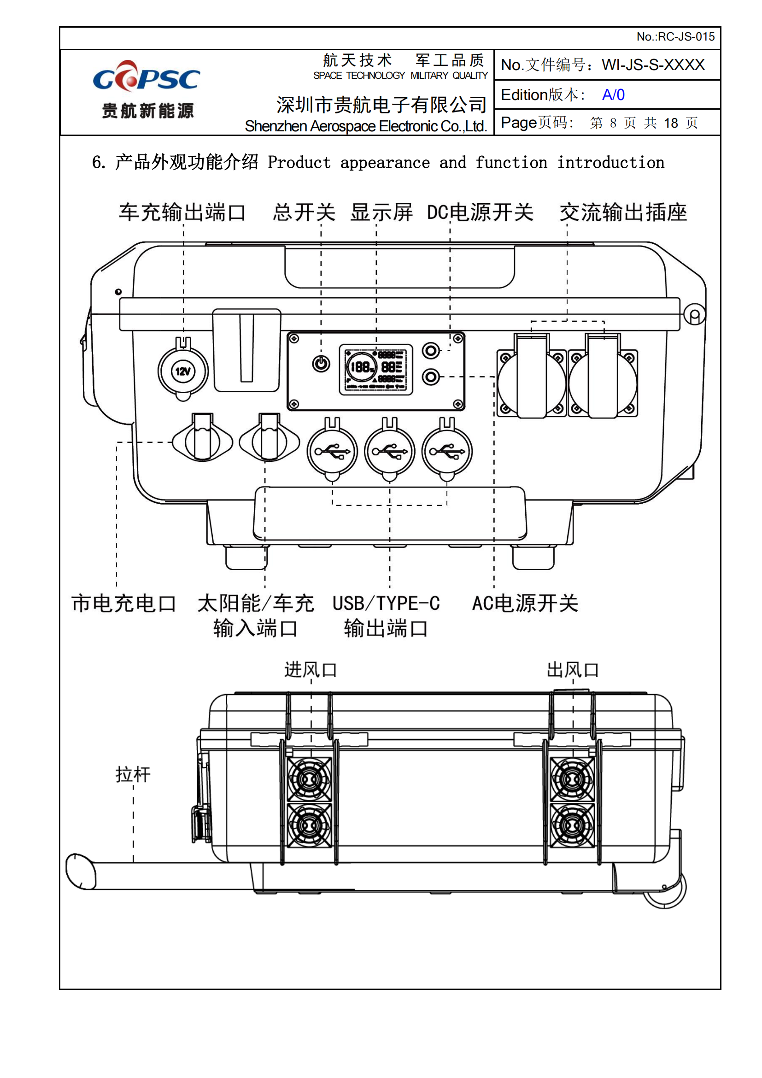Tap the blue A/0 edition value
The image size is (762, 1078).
pyautogui.click(x=613, y=95)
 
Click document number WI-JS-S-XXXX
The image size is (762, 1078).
pyautogui.click(x=653, y=65)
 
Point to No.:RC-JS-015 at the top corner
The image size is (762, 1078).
pyautogui.click(x=675, y=36)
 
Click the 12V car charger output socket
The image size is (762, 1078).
pyautogui.click(x=182, y=371)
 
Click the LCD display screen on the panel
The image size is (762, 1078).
pyautogui.click(x=376, y=370)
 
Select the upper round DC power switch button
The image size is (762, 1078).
pyautogui.click(x=431, y=350)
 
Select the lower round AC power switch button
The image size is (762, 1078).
pyautogui.click(x=431, y=377)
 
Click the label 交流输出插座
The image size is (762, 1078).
pyautogui.click(x=623, y=212)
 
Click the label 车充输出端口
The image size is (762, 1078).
pyautogui.click(x=182, y=212)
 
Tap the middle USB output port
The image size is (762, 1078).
pyautogui.click(x=389, y=452)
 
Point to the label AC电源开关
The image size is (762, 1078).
pyautogui.click(x=525, y=603)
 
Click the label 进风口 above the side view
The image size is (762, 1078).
pyautogui.click(x=310, y=670)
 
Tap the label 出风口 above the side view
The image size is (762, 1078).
pyautogui.click(x=573, y=670)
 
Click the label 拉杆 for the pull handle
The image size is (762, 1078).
pyautogui.click(x=133, y=775)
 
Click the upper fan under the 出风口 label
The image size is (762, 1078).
pyautogui.click(x=572, y=779)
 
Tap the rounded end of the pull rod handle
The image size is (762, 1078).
pyautogui.click(x=80, y=872)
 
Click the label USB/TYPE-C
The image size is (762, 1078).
pyautogui.click(x=386, y=603)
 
